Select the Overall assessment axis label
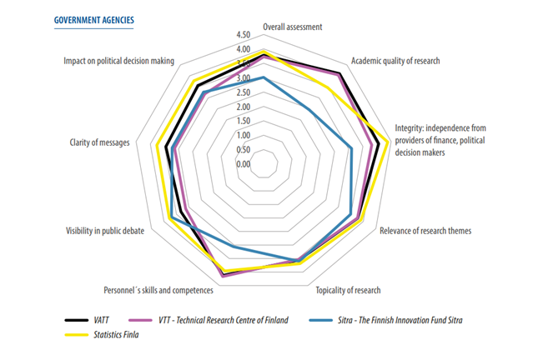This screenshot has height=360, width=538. pyautogui.click(x=292, y=27)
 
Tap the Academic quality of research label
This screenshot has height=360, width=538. pyautogui.click(x=395, y=61)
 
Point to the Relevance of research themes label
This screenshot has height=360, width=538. pyautogui.click(x=425, y=231)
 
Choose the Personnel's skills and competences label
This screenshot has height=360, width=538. pyautogui.click(x=158, y=290)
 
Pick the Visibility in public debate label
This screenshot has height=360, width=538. pyautogui.click(x=104, y=230)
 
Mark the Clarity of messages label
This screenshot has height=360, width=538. pyautogui.click(x=99, y=142)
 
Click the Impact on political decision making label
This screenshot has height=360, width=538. pyautogui.click(x=118, y=61)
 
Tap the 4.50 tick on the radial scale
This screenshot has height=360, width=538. pyautogui.click(x=243, y=35)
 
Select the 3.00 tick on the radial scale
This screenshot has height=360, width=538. pyautogui.click(x=243, y=78)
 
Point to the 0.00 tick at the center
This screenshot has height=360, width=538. pyautogui.click(x=243, y=164)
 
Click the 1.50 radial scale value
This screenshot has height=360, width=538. pyautogui.click(x=243, y=121)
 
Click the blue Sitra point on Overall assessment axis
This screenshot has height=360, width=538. pyautogui.click(x=264, y=77)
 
